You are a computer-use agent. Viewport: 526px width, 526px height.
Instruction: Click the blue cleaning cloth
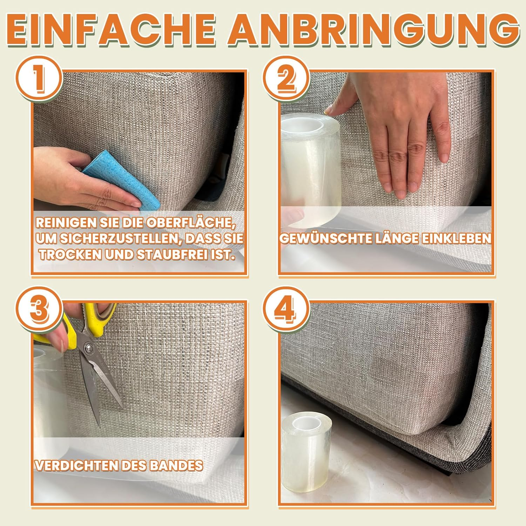(123, 182)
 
